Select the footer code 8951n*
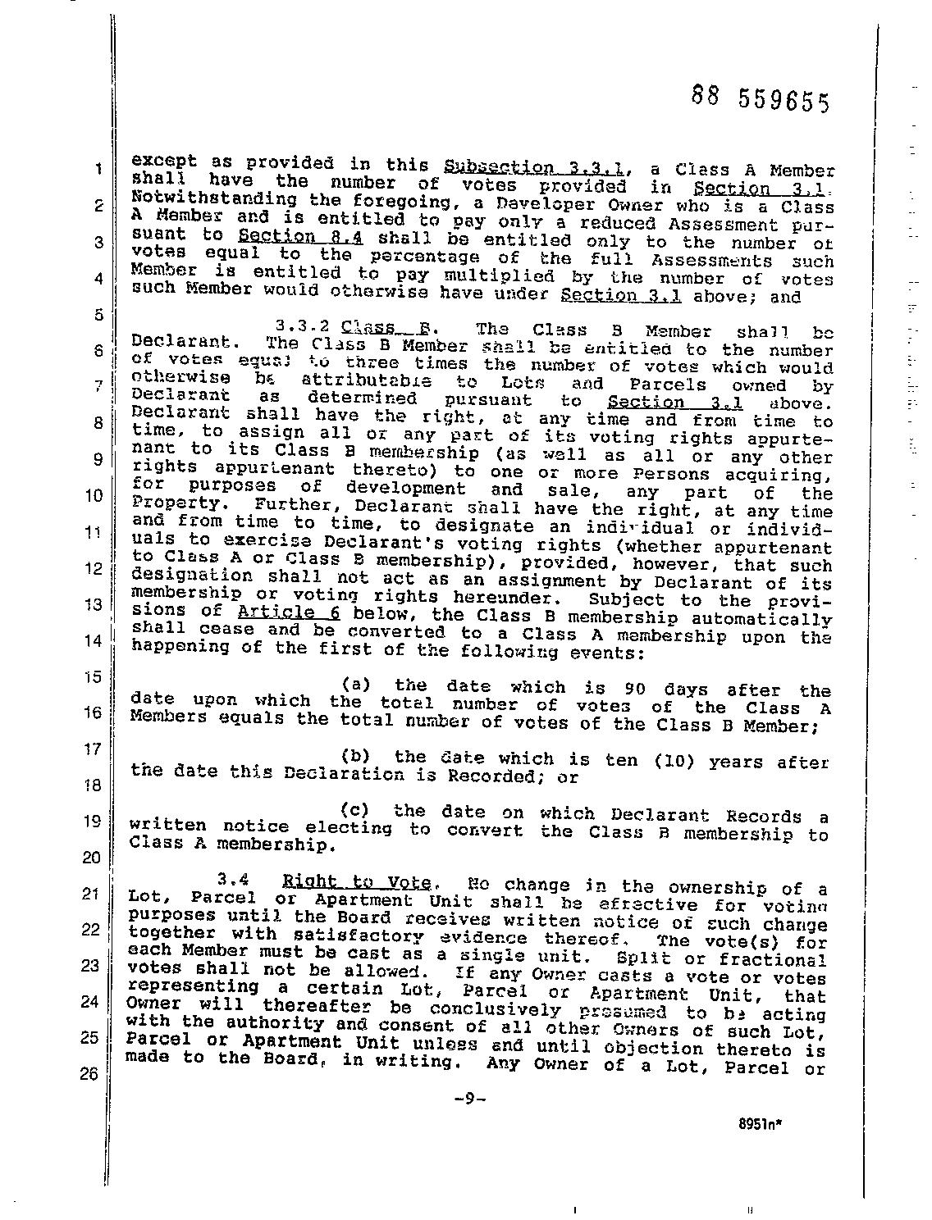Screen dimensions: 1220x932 (x=760, y=1125)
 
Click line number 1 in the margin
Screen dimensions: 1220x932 (x=98, y=170)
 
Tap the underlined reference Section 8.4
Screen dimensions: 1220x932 (x=300, y=238)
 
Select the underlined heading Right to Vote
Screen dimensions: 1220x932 (x=357, y=882)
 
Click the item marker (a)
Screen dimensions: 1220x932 (x=358, y=685)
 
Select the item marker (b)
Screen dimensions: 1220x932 (x=358, y=757)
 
